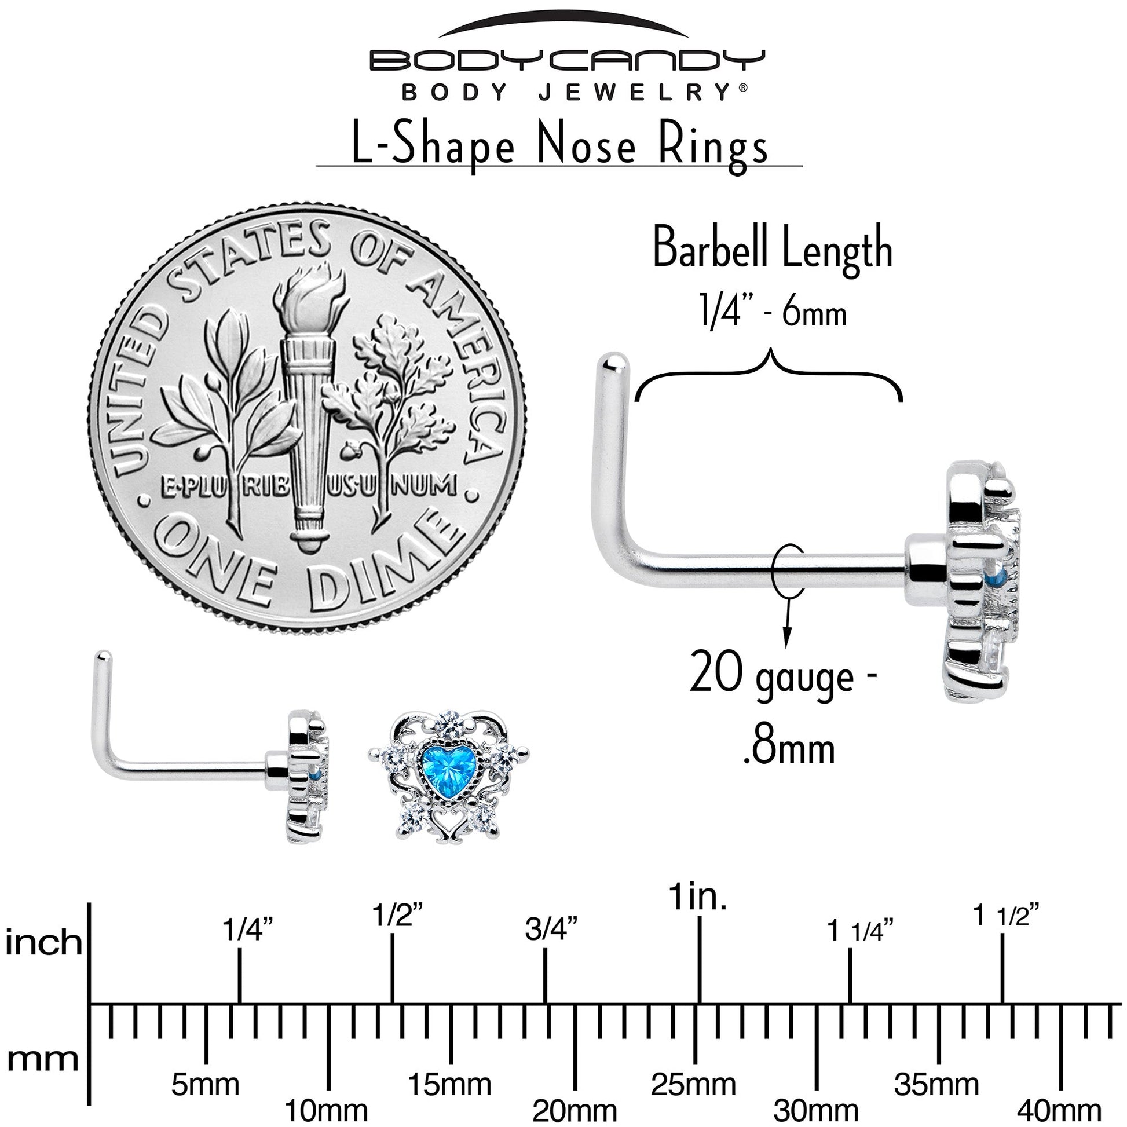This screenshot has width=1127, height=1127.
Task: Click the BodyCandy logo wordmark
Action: click(566, 61)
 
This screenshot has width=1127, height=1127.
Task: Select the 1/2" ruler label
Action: click(397, 915)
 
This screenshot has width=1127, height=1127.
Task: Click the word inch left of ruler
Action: click(44, 942)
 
